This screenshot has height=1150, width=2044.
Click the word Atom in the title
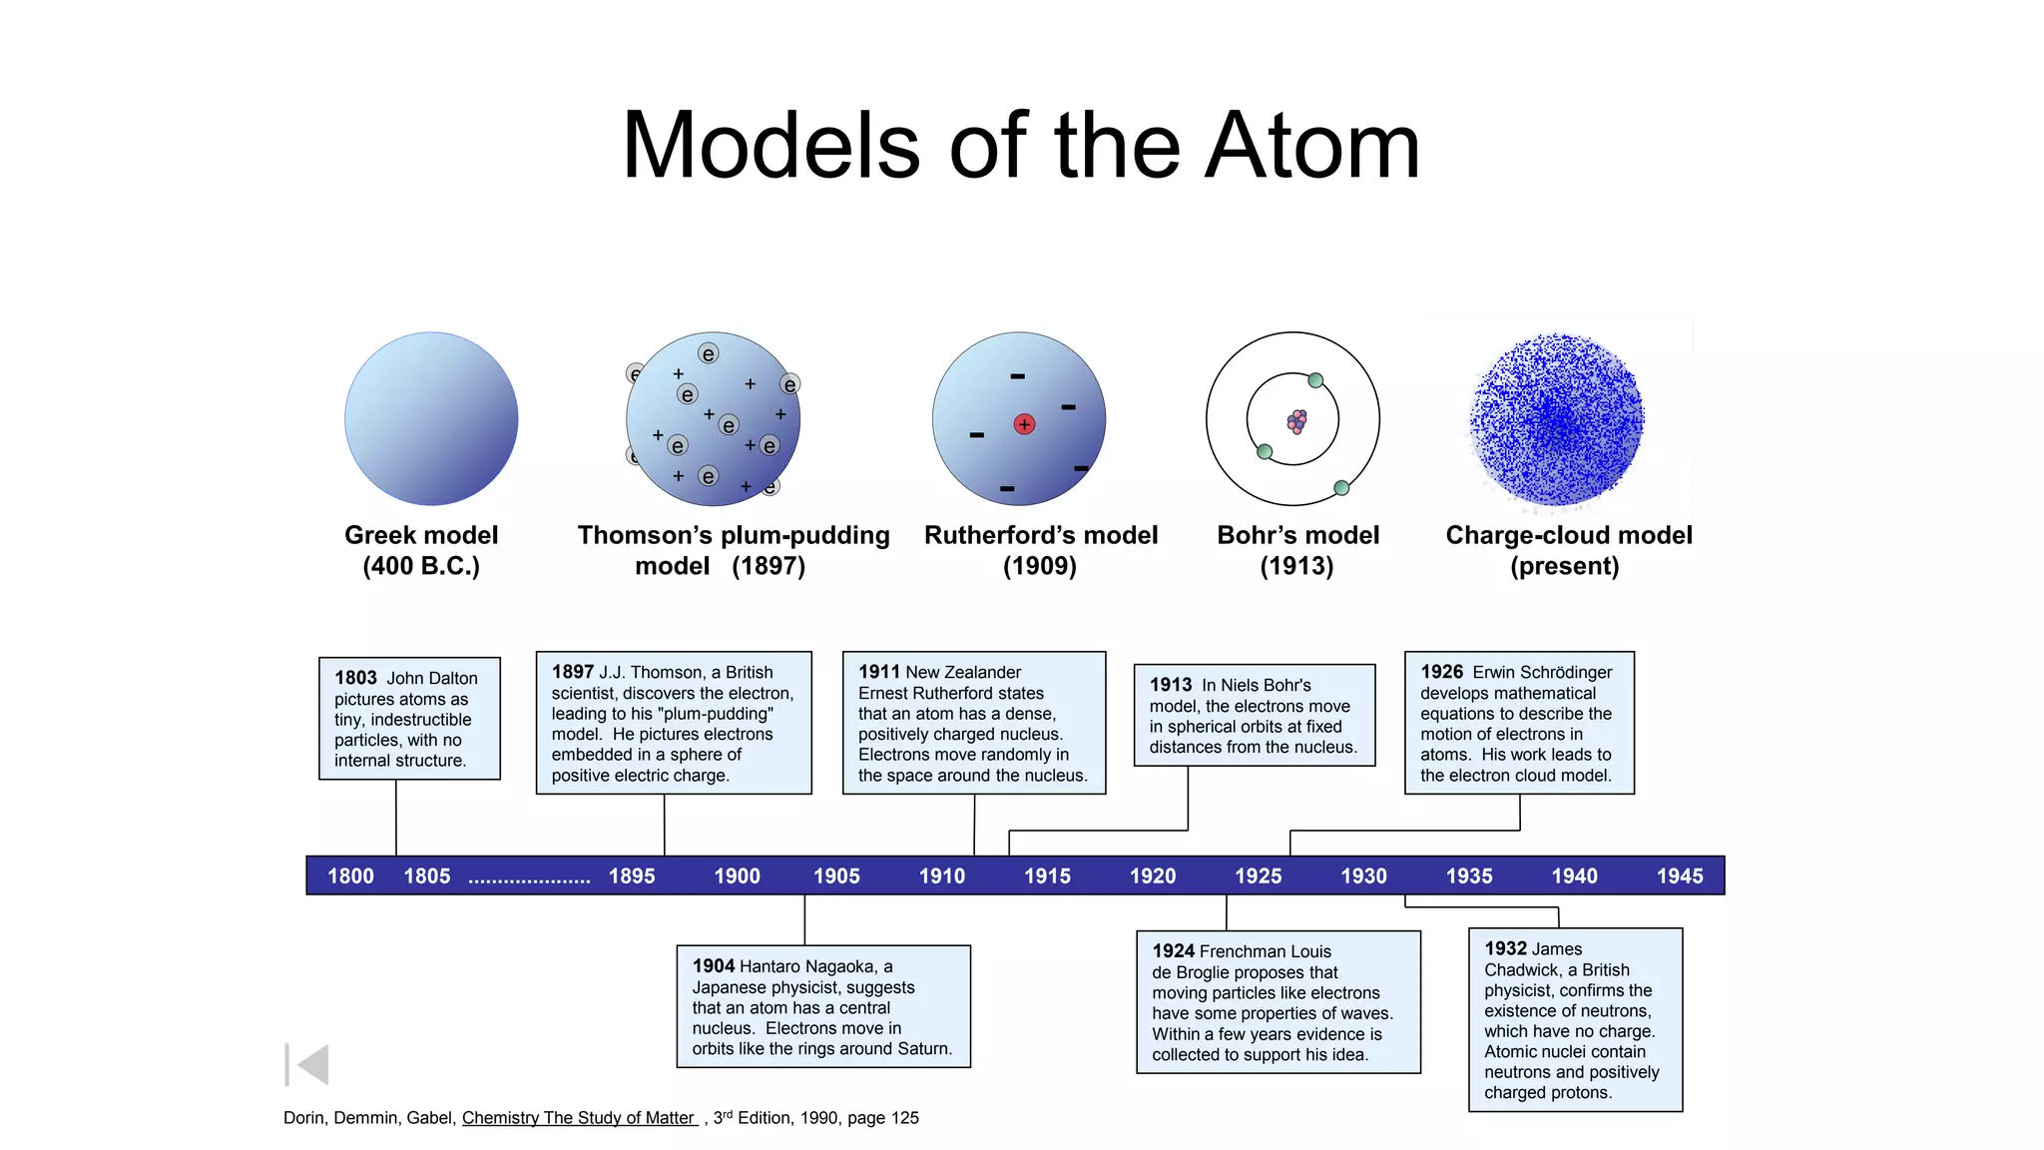[x=1312, y=147]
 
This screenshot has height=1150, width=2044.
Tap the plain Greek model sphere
[x=431, y=419]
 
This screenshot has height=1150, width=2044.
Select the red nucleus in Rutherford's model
[x=1024, y=424]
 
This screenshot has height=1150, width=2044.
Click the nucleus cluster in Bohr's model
[x=1296, y=421]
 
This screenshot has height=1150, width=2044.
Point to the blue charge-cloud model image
[x=1557, y=419]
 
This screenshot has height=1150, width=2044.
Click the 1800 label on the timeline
[x=350, y=876]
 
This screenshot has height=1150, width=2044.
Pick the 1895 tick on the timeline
[x=632, y=876]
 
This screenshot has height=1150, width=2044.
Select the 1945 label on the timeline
[x=1680, y=876]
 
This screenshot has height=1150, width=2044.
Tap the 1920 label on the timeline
[x=1153, y=876]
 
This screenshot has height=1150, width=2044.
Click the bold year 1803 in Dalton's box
[x=355, y=679]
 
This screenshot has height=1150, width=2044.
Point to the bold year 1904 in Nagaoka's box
[x=714, y=966]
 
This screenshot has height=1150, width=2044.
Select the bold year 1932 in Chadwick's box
[x=1506, y=949]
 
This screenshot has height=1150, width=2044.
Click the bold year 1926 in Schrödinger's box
[x=1442, y=673]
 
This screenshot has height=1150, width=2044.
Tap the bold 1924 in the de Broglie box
[x=1174, y=951]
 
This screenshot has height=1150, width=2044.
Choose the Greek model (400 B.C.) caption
[x=421, y=550]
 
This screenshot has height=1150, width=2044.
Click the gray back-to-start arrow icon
[x=307, y=1065]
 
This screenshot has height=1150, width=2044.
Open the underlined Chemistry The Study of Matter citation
[x=579, y=1118]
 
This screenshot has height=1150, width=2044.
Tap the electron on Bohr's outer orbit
[x=1341, y=488]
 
